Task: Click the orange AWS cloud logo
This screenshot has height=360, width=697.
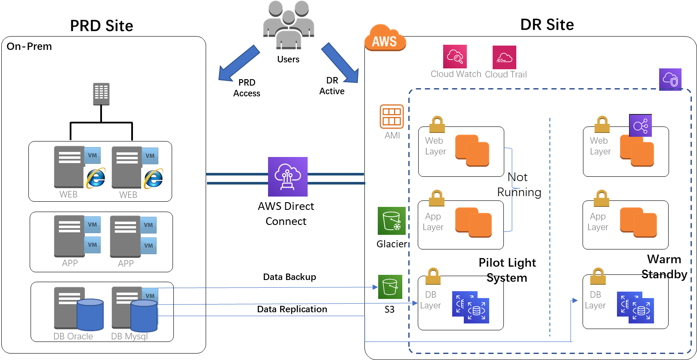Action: point(385,38)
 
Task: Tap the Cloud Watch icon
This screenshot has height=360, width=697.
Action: point(455,56)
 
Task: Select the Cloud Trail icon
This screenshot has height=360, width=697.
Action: point(504,57)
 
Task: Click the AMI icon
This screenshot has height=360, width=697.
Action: point(392,117)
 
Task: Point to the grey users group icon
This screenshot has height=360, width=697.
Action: point(288,25)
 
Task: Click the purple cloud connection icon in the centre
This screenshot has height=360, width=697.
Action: point(288,177)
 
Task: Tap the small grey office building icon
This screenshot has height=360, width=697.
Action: point(101,94)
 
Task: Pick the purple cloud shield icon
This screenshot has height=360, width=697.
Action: point(670,80)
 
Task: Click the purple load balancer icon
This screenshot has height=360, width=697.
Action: point(640,126)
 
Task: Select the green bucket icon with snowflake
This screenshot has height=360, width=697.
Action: point(392,221)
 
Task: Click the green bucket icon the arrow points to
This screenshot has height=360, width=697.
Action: point(390,287)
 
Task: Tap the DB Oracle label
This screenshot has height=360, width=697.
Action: point(73,336)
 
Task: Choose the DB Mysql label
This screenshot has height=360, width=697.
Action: point(130,336)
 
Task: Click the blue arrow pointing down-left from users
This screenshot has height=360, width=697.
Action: point(238,64)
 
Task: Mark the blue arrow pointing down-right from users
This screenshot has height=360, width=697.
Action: point(340,63)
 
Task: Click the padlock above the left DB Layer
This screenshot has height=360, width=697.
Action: point(433,277)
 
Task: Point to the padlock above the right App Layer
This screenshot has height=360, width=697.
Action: point(601,199)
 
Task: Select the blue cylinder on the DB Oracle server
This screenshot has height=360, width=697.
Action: point(90,315)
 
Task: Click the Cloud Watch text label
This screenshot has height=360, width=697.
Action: point(456,74)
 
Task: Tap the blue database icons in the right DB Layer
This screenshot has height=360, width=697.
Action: point(635,308)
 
